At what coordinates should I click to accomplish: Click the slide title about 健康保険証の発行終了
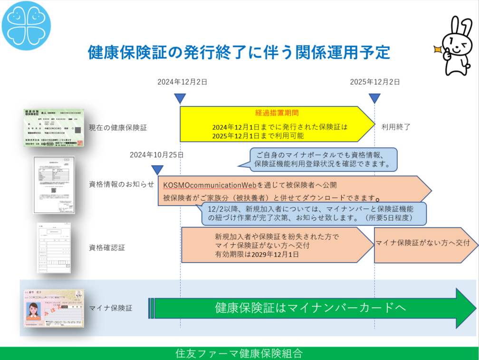pyautogui.click(x=239, y=52)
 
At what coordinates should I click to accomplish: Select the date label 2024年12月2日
pyautogui.click(x=182, y=82)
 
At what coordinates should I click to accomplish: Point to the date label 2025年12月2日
pyautogui.click(x=375, y=82)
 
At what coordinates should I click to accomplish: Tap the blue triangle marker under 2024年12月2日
pyautogui.click(x=180, y=98)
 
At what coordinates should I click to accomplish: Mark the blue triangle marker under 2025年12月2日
pyautogui.click(x=374, y=98)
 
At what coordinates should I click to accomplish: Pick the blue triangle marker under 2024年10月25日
pyautogui.click(x=157, y=170)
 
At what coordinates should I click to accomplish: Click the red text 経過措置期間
pyautogui.click(x=277, y=113)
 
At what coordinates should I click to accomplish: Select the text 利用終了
pyautogui.click(x=395, y=127)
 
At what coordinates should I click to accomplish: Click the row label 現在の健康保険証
pyautogui.click(x=118, y=127)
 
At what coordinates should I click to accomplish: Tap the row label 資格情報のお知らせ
pyautogui.click(x=122, y=184)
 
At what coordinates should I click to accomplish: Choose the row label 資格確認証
pyautogui.click(x=107, y=247)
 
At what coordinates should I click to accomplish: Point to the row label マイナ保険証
pyautogui.click(x=110, y=308)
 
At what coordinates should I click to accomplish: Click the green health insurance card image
pyautogui.click(x=54, y=127)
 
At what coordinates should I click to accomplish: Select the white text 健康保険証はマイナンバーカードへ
pyautogui.click(x=310, y=307)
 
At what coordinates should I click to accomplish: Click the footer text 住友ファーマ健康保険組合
pyautogui.click(x=239, y=353)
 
